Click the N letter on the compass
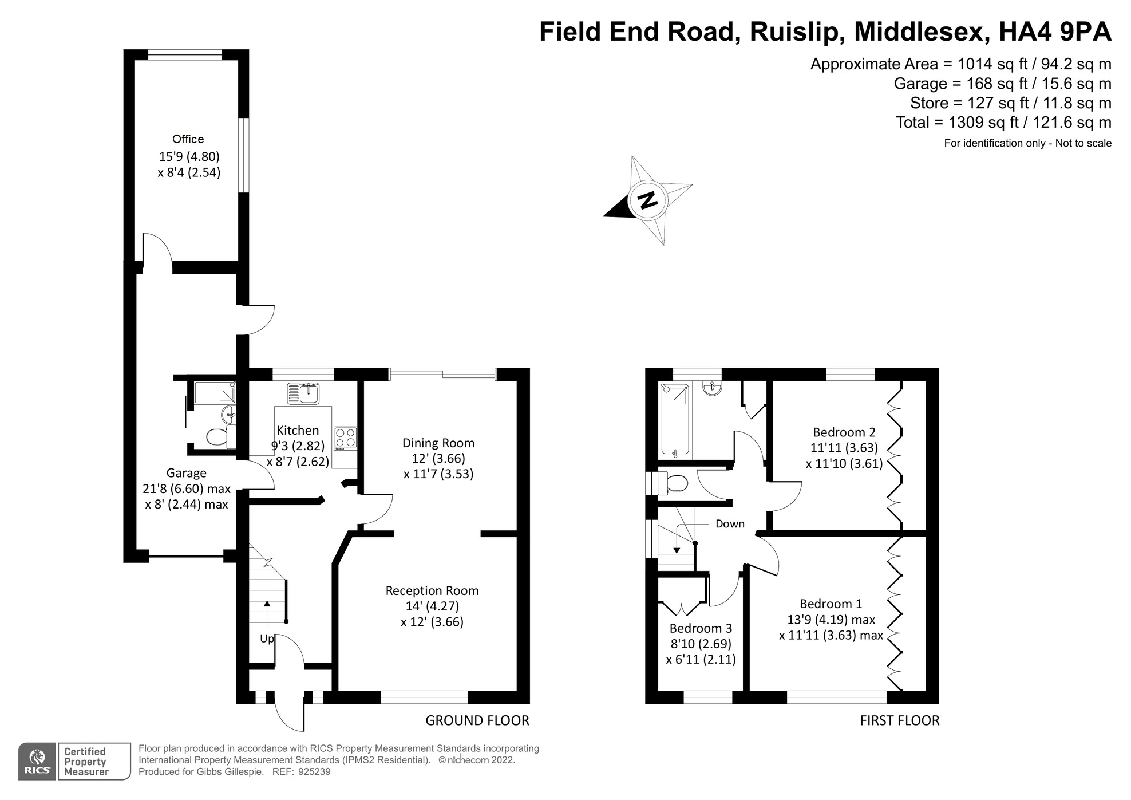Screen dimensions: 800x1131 (x=648, y=200)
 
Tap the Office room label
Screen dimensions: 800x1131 (x=188, y=139)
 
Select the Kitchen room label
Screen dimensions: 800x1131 (x=298, y=431)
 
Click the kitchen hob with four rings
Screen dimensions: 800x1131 (x=345, y=438)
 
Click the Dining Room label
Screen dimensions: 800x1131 (x=438, y=443)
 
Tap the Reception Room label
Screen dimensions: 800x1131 (x=432, y=591)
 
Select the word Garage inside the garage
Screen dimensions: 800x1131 (x=186, y=473)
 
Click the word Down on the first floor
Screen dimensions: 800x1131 (x=730, y=524)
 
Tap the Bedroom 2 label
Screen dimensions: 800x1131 (x=844, y=432)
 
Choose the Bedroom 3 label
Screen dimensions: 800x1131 (x=701, y=629)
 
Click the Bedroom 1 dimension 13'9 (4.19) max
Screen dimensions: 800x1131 (x=831, y=620)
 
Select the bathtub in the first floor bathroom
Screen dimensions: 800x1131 (x=675, y=421)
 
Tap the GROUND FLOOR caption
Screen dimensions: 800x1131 (x=477, y=720)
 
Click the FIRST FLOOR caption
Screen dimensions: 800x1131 (x=900, y=720)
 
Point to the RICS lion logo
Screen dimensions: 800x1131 (x=37, y=762)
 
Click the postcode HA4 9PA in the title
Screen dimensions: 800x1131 (x=1055, y=31)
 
